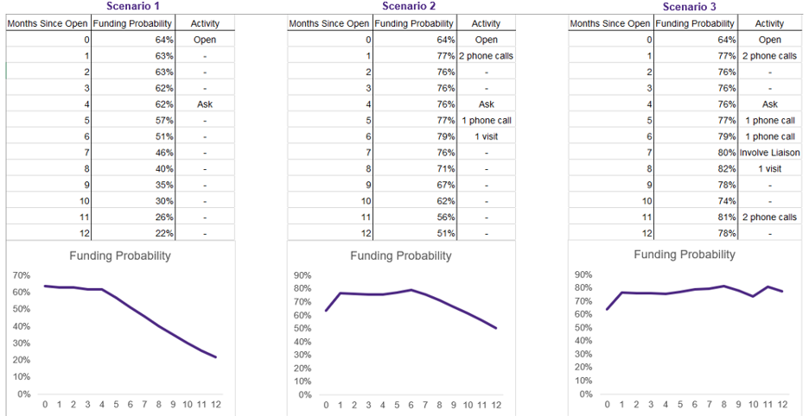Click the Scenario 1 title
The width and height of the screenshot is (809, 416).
tap(120, 7)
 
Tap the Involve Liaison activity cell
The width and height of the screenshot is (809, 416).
tap(769, 153)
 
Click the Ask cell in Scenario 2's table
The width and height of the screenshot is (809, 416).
tap(487, 104)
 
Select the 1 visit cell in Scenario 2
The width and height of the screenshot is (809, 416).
tap(487, 136)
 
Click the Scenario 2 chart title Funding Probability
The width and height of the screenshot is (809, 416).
tap(400, 255)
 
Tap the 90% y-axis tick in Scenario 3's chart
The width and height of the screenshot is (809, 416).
tap(586, 274)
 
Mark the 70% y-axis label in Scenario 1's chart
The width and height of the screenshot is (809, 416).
tap(21, 274)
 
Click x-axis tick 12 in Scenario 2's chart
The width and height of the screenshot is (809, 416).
tap(494, 405)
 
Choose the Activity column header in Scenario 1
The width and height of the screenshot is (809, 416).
tap(205, 23)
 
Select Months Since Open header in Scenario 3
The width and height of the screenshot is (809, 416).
tap(610, 23)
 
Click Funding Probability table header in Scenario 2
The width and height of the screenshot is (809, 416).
tap(415, 23)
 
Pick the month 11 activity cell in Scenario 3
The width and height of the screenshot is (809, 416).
tap(769, 217)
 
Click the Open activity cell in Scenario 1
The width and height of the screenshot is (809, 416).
tap(205, 40)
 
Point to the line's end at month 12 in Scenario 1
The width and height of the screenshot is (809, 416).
tap(215, 357)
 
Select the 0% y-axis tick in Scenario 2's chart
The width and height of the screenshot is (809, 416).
tap(304, 394)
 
